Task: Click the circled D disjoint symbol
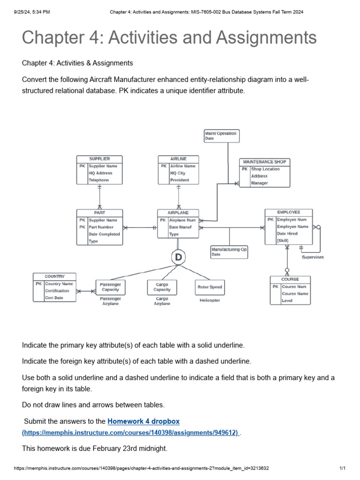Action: coord(178,257)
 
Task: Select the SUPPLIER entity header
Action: coord(99,159)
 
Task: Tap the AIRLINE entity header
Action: coord(178,159)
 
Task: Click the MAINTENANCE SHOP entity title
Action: coord(264,162)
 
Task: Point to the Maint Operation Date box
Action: coord(221,136)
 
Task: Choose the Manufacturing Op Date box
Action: coord(229,252)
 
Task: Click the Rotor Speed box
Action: coord(210,287)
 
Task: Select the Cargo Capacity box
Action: coord(162,287)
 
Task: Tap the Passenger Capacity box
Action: coord(111,287)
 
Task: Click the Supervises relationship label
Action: coord(312,257)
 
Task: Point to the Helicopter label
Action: coord(210,300)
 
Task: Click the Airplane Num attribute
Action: coord(182,220)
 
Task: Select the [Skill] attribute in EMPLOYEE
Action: coord(283,240)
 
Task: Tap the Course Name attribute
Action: coord(295,293)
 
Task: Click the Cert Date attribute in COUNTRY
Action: coord(54,298)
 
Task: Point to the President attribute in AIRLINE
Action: coord(180,180)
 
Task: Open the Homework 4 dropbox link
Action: coord(143,421)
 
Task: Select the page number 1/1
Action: coord(342,468)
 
